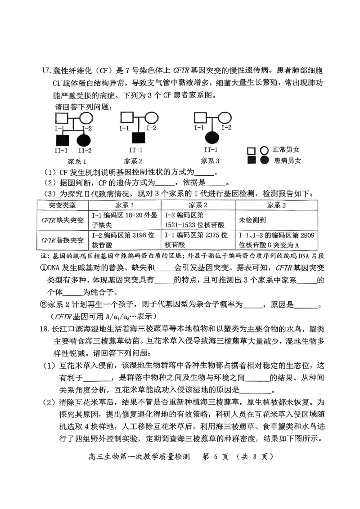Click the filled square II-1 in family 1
62,140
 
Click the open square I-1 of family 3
199,118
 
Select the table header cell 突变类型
62,205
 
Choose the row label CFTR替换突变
62,241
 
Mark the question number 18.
45,329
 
